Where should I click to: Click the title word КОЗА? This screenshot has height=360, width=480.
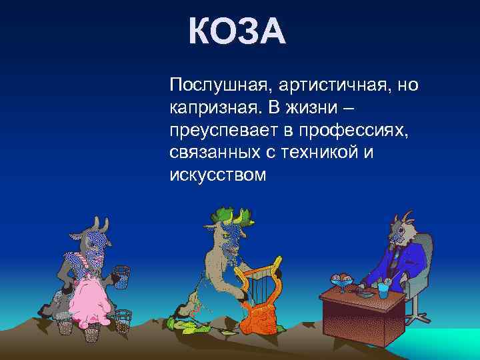(x=237, y=31)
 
